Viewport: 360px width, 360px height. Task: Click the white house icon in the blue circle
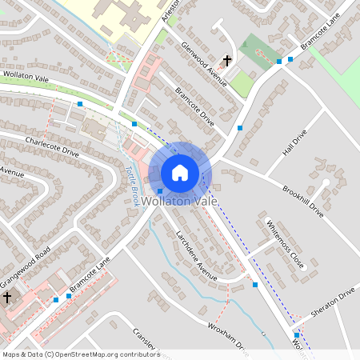[180, 173]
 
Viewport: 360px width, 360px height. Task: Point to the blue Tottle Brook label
[132, 186]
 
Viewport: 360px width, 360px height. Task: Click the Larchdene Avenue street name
[196, 255]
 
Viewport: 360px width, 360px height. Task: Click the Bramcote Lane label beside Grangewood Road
[89, 275]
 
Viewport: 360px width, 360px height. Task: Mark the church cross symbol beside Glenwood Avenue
[227, 61]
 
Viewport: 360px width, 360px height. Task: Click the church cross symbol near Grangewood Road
[8, 298]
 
